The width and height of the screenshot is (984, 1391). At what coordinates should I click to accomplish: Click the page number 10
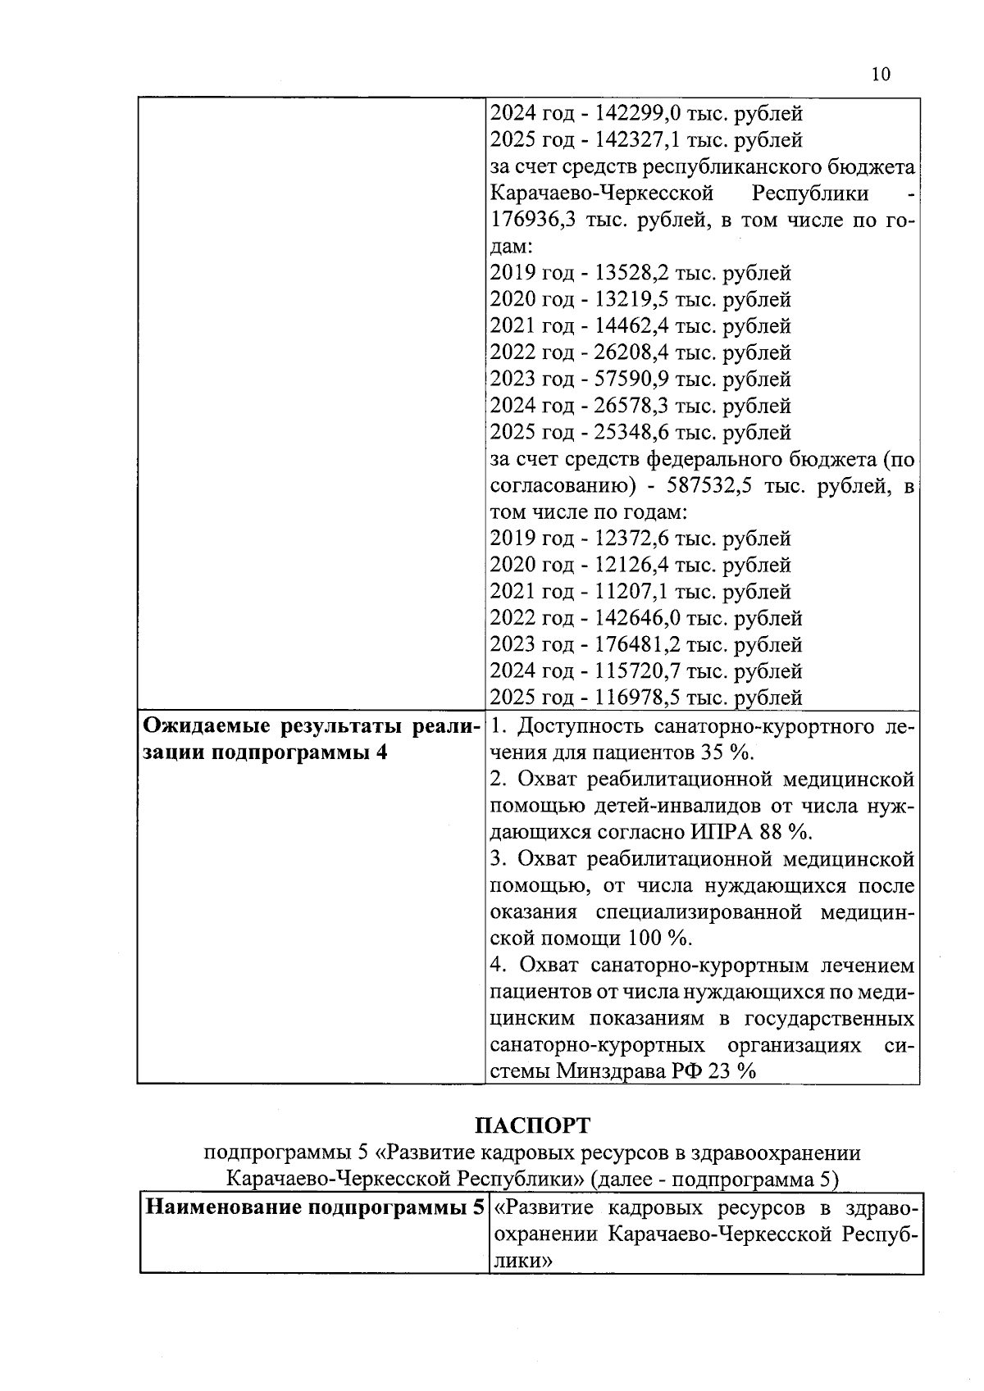pos(880,75)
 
